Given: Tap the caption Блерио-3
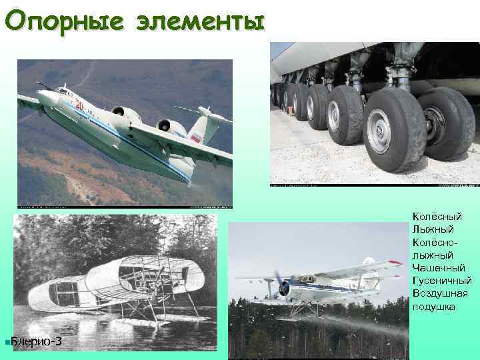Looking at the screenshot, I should [38, 342].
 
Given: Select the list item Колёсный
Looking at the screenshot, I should [437, 217].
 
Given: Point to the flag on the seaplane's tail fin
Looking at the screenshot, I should [195, 138].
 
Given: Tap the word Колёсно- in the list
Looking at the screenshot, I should [436, 242].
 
